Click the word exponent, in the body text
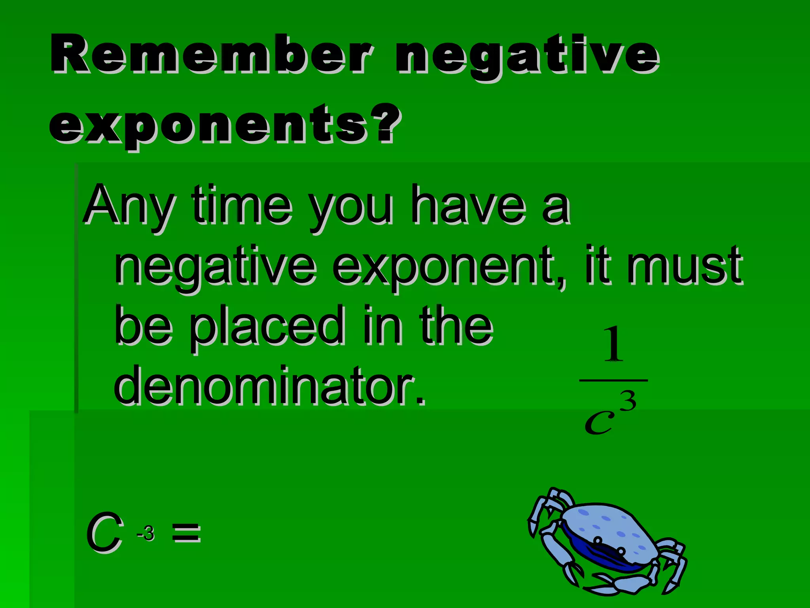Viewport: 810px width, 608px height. [x=449, y=267]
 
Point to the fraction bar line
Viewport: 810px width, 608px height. [x=613, y=380]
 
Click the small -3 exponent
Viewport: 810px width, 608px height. [x=146, y=533]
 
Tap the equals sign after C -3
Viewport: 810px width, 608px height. [x=187, y=533]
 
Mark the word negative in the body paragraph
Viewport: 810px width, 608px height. [x=216, y=267]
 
